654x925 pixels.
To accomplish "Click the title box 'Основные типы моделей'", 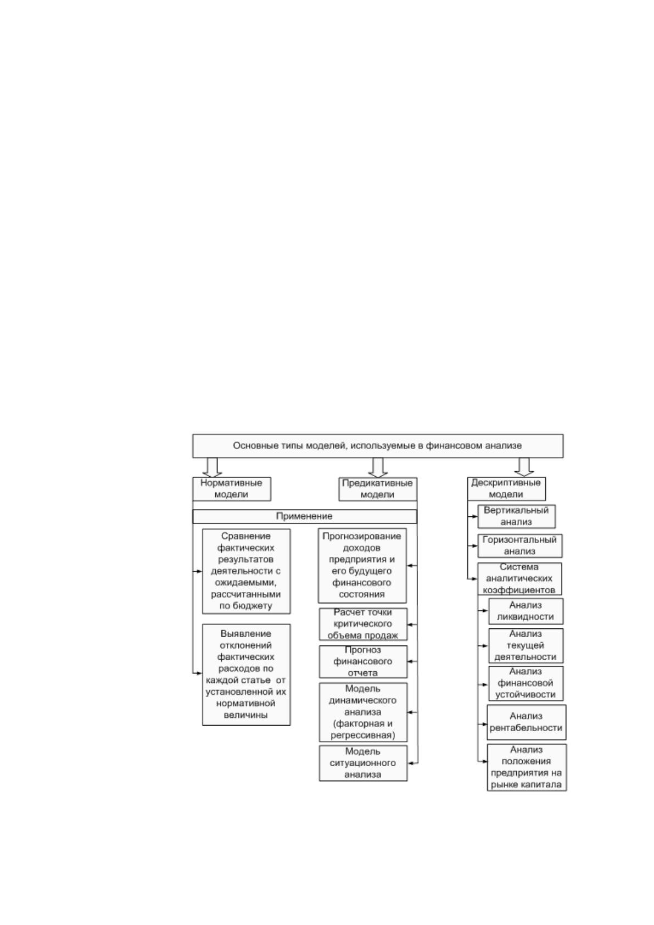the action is pos(377,445).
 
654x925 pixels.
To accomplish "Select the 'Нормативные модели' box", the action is pos(232,489).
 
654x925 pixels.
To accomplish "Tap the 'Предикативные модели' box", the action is pos(378,489).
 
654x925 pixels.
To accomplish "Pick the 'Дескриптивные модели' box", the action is pos(506,488).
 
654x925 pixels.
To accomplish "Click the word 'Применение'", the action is pos(304,516).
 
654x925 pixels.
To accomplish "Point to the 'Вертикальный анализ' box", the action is pos(517,516).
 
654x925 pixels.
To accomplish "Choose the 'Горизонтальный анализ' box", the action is pos(520,545).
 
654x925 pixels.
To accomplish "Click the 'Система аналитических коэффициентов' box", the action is pos(519,578).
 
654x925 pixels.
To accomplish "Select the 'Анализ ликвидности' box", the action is pos(526,611).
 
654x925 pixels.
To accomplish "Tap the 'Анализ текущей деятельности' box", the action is pos(526,645).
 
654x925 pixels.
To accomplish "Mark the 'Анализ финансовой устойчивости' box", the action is pos(526,683).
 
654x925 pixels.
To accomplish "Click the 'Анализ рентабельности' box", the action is pos(527,722).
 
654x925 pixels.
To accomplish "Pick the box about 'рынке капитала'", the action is pos(527,767).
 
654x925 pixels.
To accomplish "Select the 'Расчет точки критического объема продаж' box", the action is pos(363,624).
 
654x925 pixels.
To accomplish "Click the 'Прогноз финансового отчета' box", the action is pos(363,661).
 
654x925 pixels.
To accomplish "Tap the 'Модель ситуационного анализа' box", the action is pos(363,763).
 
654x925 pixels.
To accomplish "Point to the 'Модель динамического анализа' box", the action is pos(363,712).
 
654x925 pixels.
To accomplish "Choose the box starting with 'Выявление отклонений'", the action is pos(246,675).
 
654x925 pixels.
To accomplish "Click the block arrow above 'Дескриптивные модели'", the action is pos(524,467).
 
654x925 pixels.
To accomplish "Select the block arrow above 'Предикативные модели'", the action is pos(378,467).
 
